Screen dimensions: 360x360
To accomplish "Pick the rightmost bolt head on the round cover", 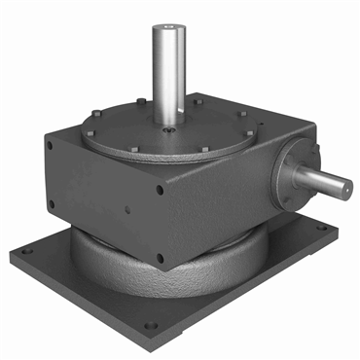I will click(x=251, y=132).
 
